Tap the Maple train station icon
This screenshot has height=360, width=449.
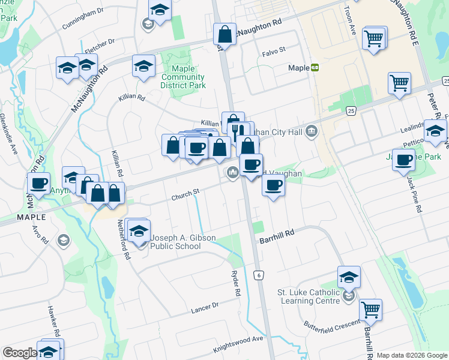click(x=315, y=68)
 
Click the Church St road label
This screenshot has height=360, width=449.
click(x=185, y=193)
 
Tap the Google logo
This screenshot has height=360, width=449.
click(x=20, y=353)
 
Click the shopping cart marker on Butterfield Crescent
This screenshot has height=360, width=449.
click(x=371, y=310)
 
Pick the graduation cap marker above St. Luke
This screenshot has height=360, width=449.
click(x=349, y=277)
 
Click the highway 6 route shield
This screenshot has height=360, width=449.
click(x=259, y=275)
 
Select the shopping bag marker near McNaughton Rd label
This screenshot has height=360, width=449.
click(x=225, y=35)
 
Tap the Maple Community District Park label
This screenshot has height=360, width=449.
click(x=183, y=77)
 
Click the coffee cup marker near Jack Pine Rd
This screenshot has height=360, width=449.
click(x=404, y=160)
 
